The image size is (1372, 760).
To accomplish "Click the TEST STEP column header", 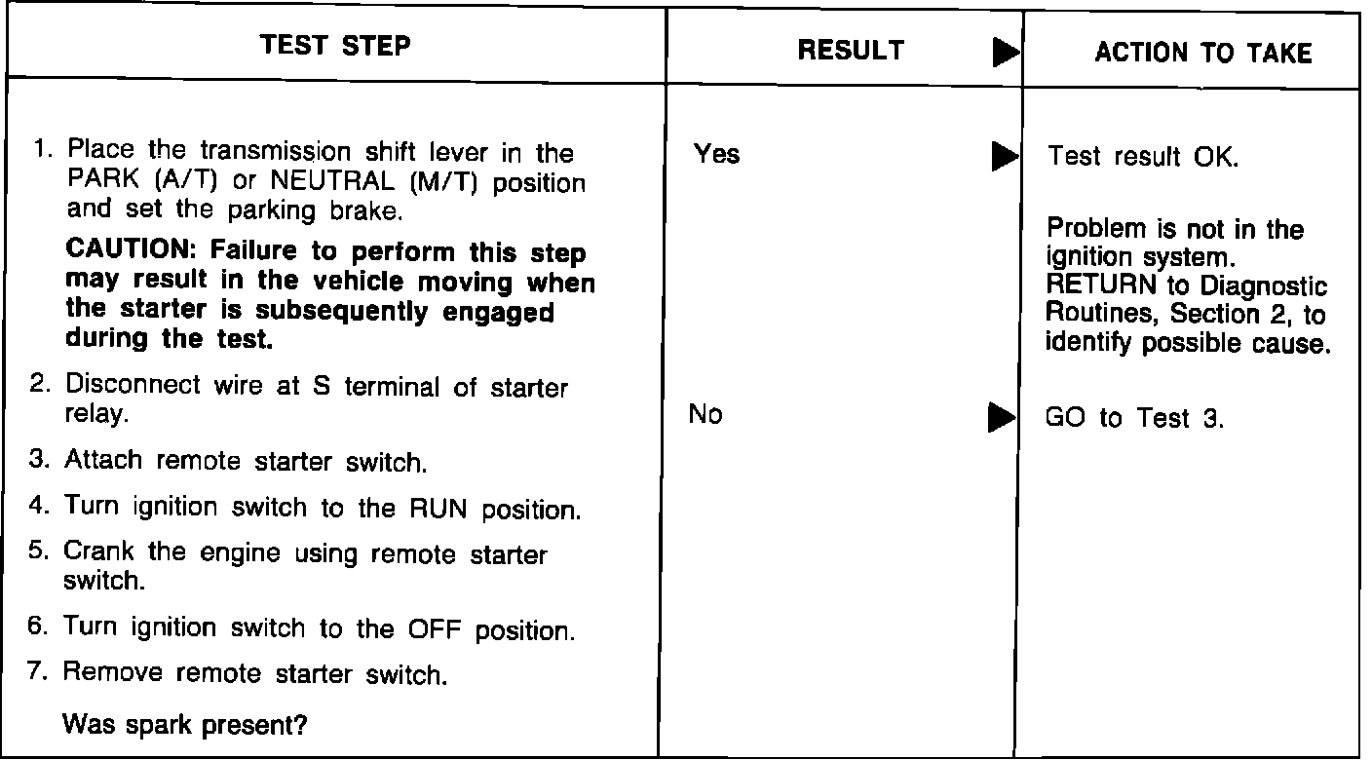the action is coord(335,46).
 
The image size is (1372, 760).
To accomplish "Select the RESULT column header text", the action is coord(851,51).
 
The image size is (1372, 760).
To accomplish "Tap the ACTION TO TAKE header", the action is coord(1203,53).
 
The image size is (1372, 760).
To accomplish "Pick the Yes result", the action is coord(716,154).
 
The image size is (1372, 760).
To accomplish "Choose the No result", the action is coord(705,414).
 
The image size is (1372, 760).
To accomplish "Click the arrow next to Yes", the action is coord(1005,156).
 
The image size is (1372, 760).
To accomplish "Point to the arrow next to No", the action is coord(1002,418).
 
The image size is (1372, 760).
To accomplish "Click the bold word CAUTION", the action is coord(130,248).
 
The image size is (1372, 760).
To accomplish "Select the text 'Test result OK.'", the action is coord(1143,157).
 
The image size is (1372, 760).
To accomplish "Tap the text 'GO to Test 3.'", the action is coord(1134,418).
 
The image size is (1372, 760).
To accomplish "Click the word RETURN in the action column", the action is coord(1101,285).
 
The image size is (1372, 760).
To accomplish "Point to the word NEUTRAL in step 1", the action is coord(332,180).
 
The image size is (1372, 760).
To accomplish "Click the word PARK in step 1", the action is coord(103,179).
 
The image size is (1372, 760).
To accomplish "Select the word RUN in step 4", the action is coord(438,509).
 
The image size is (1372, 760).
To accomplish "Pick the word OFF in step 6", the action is coord(435,629).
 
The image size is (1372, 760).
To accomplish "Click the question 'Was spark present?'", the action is coord(185,725).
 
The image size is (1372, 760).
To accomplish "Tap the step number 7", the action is coord(37,671).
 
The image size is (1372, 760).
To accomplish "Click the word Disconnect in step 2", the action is coord(133,384).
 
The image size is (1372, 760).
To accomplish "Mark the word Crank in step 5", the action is coord(98,551).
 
